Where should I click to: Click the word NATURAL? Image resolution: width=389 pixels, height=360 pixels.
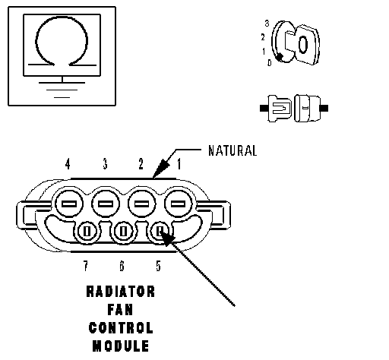click(232, 150)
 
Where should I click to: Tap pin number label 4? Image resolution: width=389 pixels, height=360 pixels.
click(68, 164)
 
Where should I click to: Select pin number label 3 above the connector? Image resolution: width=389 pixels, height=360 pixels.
click(105, 164)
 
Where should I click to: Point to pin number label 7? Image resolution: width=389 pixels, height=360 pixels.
click(86, 266)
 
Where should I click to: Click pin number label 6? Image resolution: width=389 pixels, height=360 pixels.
click(122, 266)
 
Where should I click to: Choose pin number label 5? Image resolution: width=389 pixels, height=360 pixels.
click(158, 266)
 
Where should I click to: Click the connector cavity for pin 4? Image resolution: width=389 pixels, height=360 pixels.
click(69, 204)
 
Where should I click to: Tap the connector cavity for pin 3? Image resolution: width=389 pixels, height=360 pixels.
click(106, 204)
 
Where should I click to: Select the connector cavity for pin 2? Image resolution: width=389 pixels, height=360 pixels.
click(141, 204)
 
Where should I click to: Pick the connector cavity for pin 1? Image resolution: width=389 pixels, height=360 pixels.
click(178, 204)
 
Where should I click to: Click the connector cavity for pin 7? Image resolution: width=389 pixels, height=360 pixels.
click(87, 232)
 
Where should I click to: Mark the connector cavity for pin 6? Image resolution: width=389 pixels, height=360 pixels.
click(123, 232)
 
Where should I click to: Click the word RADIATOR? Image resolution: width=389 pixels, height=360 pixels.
click(121, 292)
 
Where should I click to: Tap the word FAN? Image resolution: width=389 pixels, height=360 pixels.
click(120, 310)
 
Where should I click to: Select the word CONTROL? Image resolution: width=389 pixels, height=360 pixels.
click(121, 328)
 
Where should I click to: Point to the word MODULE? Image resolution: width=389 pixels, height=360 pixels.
click(121, 346)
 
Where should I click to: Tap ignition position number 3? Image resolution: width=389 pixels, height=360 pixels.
click(267, 24)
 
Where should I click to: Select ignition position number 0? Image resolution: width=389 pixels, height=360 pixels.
click(270, 62)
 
